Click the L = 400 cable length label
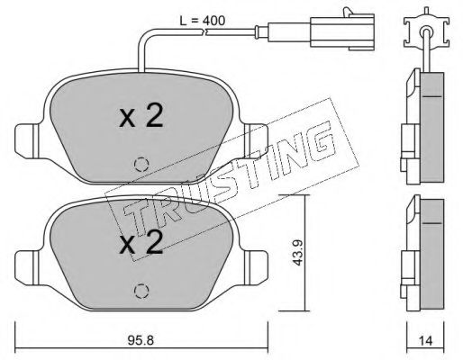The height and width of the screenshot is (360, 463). click(x=202, y=21)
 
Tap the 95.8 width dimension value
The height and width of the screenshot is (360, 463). click(x=141, y=340)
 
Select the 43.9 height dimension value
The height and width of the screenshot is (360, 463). click(x=297, y=252)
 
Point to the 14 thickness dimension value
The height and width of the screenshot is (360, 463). click(x=425, y=340)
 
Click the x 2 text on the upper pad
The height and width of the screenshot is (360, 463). click(x=141, y=115)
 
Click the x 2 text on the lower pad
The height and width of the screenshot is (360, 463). click(x=141, y=242)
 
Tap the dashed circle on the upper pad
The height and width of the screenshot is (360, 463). click(x=141, y=165)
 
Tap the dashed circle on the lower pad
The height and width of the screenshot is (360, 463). click(x=141, y=291)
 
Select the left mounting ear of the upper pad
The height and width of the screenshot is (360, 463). click(x=27, y=141)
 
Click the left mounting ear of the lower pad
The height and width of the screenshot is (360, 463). click(x=27, y=267)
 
